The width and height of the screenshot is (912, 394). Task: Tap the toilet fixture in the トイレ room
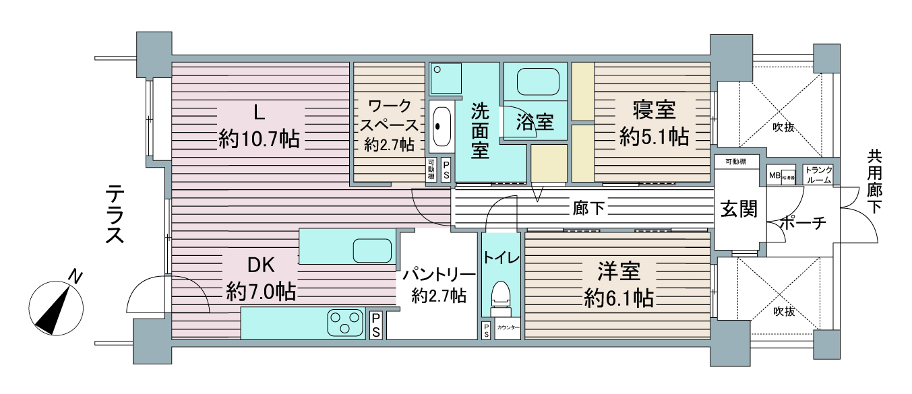click(501, 296)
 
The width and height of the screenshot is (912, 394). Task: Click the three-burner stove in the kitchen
click(345, 322)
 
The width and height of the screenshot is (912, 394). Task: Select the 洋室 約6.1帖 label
click(618, 284)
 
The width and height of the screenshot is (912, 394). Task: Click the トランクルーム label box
click(818, 174)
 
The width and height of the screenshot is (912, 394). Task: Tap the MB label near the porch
click(774, 176)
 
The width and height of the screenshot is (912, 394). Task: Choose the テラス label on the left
click(114, 216)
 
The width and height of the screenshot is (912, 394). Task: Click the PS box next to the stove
click(375, 325)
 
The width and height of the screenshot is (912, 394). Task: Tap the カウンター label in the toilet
click(508, 327)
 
